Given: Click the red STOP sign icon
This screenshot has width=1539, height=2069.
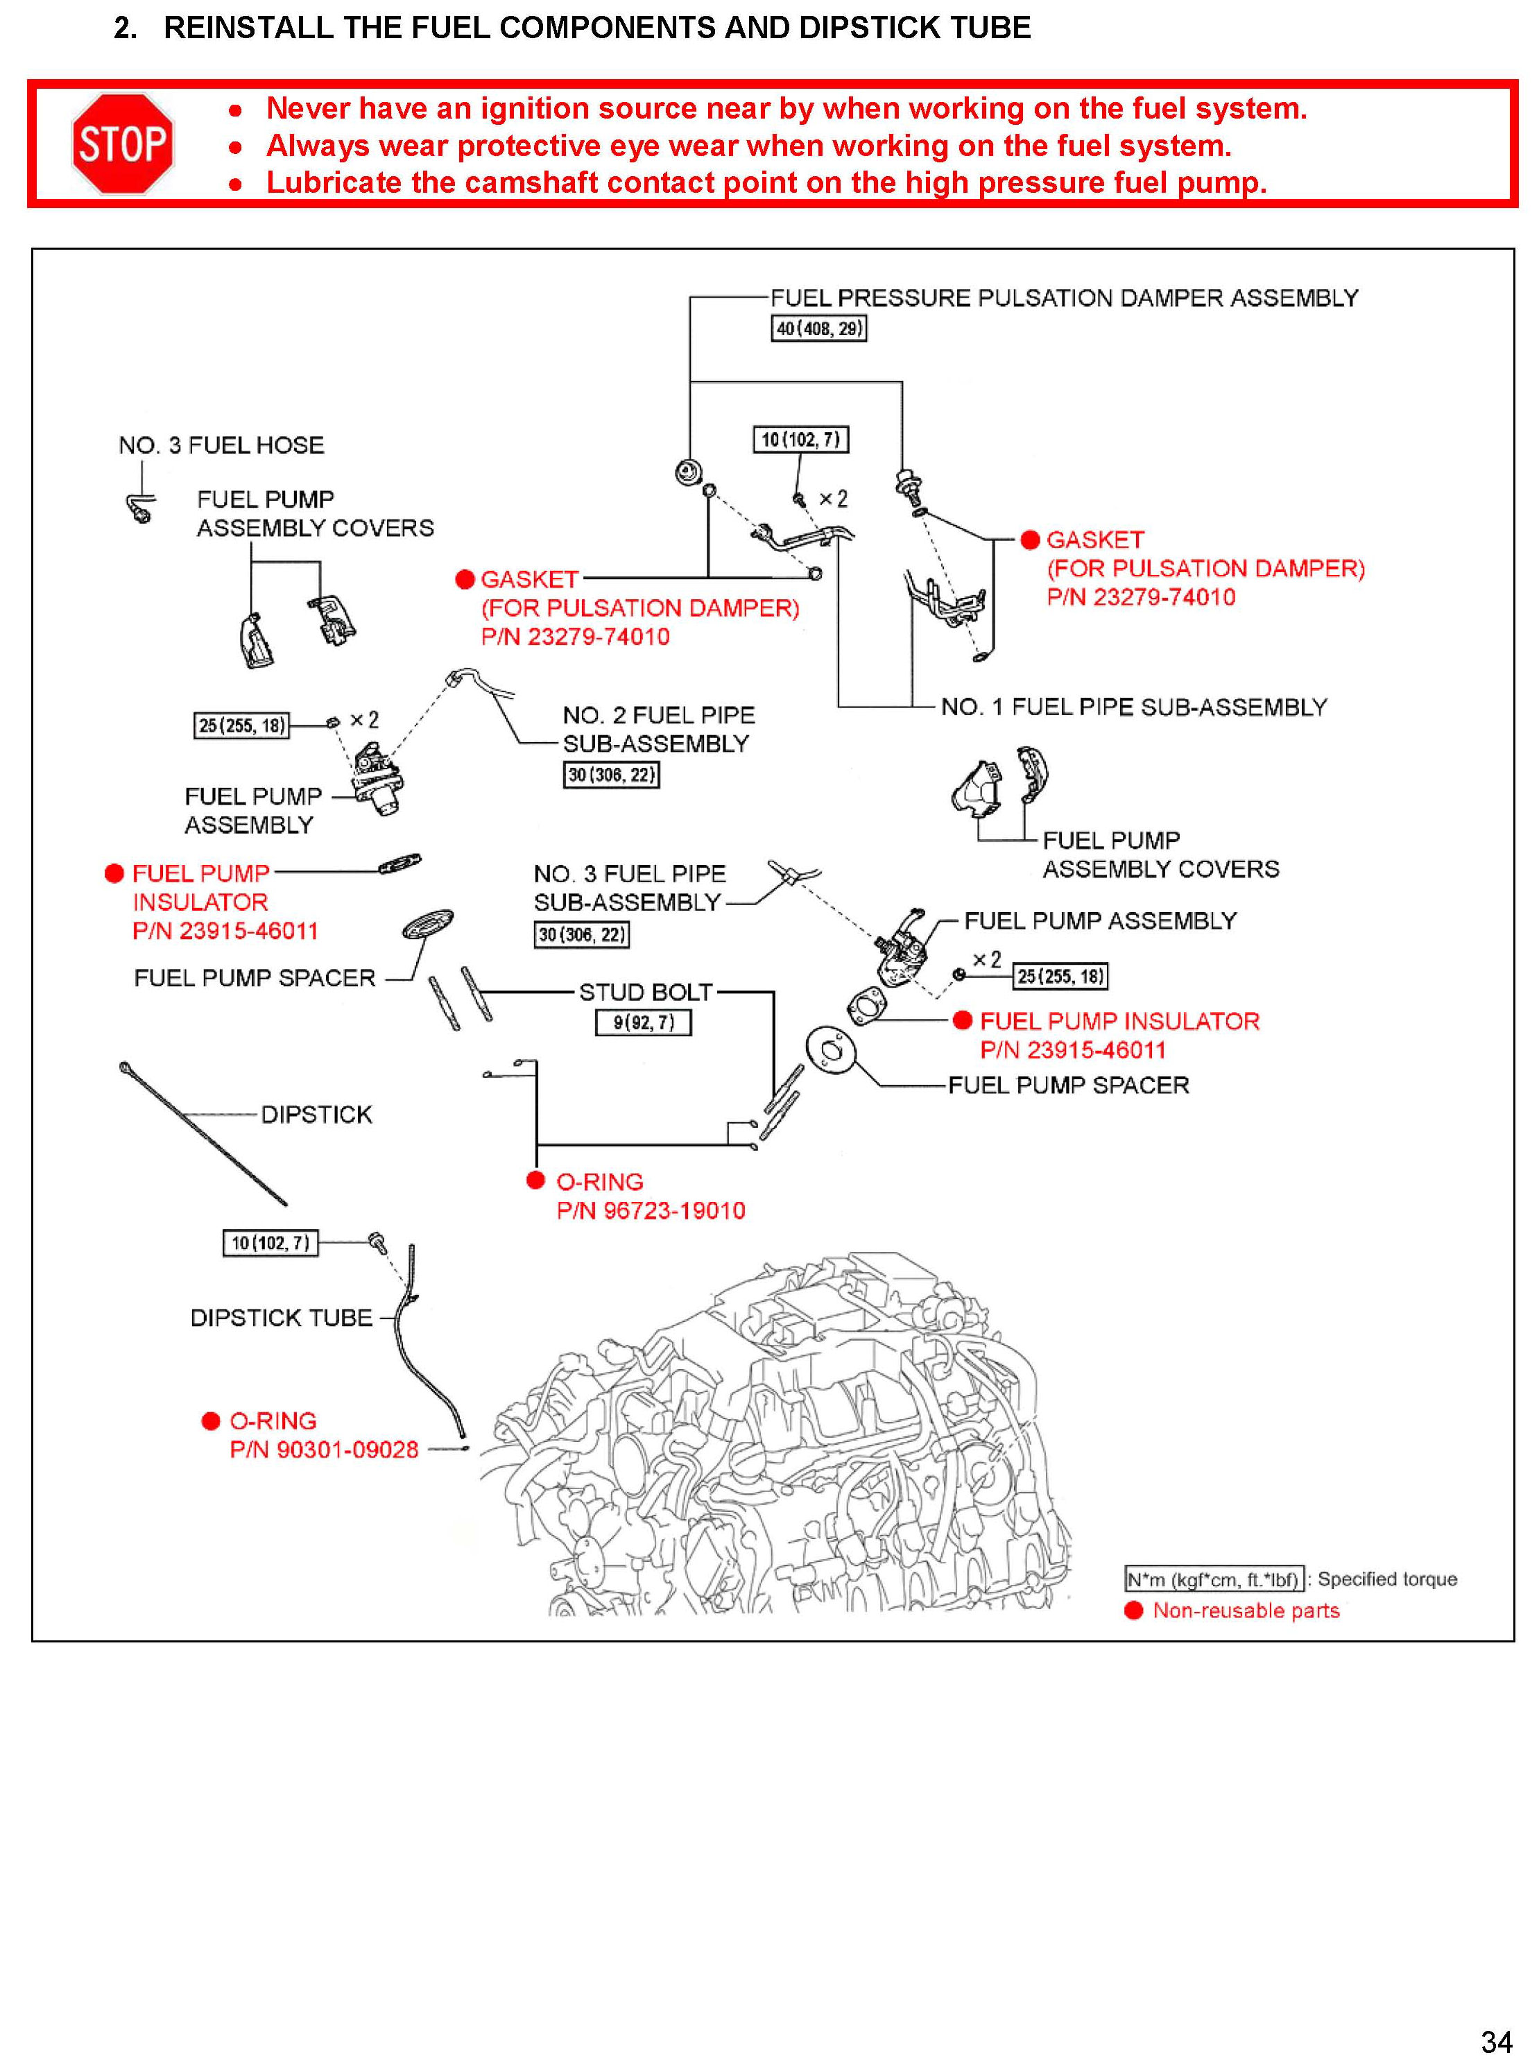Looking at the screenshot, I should (x=123, y=144).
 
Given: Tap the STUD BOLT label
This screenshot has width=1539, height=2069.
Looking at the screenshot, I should (x=646, y=992).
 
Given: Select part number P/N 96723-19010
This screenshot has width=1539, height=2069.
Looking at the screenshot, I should (x=651, y=1210).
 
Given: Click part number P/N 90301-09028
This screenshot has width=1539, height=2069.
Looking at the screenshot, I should (x=323, y=1450).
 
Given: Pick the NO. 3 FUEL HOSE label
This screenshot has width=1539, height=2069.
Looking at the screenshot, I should (x=221, y=445).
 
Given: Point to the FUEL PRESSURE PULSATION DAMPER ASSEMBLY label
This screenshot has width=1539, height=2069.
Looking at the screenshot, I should (x=1064, y=298).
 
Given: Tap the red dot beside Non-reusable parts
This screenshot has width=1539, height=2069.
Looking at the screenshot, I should (x=1133, y=1611).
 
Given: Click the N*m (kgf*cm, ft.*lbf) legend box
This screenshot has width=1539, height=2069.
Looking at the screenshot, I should (x=1214, y=1579).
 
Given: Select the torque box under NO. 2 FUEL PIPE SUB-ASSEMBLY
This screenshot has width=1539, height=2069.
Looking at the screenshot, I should (x=611, y=775).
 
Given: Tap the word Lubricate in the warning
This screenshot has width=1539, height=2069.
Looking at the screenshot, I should (x=334, y=182).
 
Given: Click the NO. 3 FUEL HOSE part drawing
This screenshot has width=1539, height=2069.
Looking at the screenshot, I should (x=139, y=508).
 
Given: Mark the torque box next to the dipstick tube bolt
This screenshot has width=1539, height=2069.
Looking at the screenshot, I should (x=270, y=1243).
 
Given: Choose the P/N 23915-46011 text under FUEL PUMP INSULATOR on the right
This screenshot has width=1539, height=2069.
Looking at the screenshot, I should (x=1072, y=1050).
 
